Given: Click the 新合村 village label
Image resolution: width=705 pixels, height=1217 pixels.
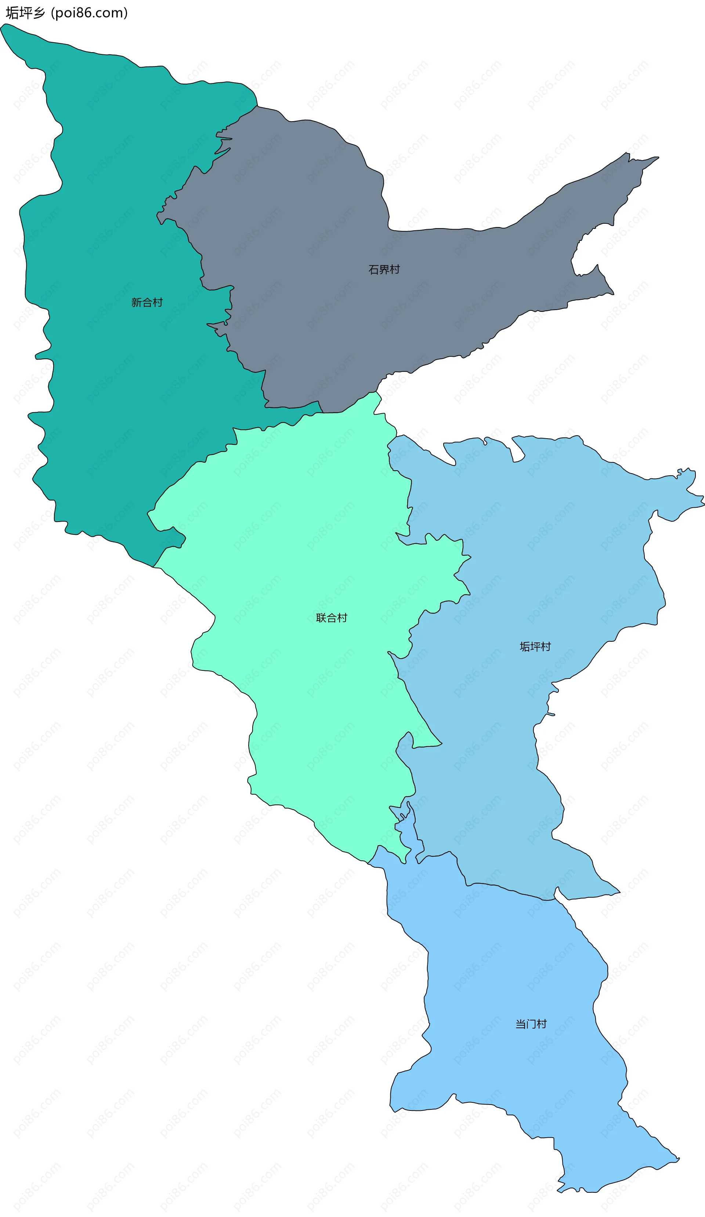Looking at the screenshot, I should pos(147,302).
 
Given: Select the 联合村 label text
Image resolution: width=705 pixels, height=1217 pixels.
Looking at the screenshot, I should pos(331,617).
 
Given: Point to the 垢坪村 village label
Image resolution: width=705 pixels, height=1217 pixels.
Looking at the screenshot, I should pos(535,647).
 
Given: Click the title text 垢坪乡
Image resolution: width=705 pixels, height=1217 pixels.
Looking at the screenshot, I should pos(25,13).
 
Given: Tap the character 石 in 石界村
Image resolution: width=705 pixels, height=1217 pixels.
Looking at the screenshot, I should pos(373,270).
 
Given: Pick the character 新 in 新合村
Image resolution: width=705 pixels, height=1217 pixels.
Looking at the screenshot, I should pos(136,302).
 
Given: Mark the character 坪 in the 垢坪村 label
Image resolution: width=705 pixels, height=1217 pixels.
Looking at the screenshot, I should pos(535,647).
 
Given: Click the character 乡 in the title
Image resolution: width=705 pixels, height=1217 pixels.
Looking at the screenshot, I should pos(39,13).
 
